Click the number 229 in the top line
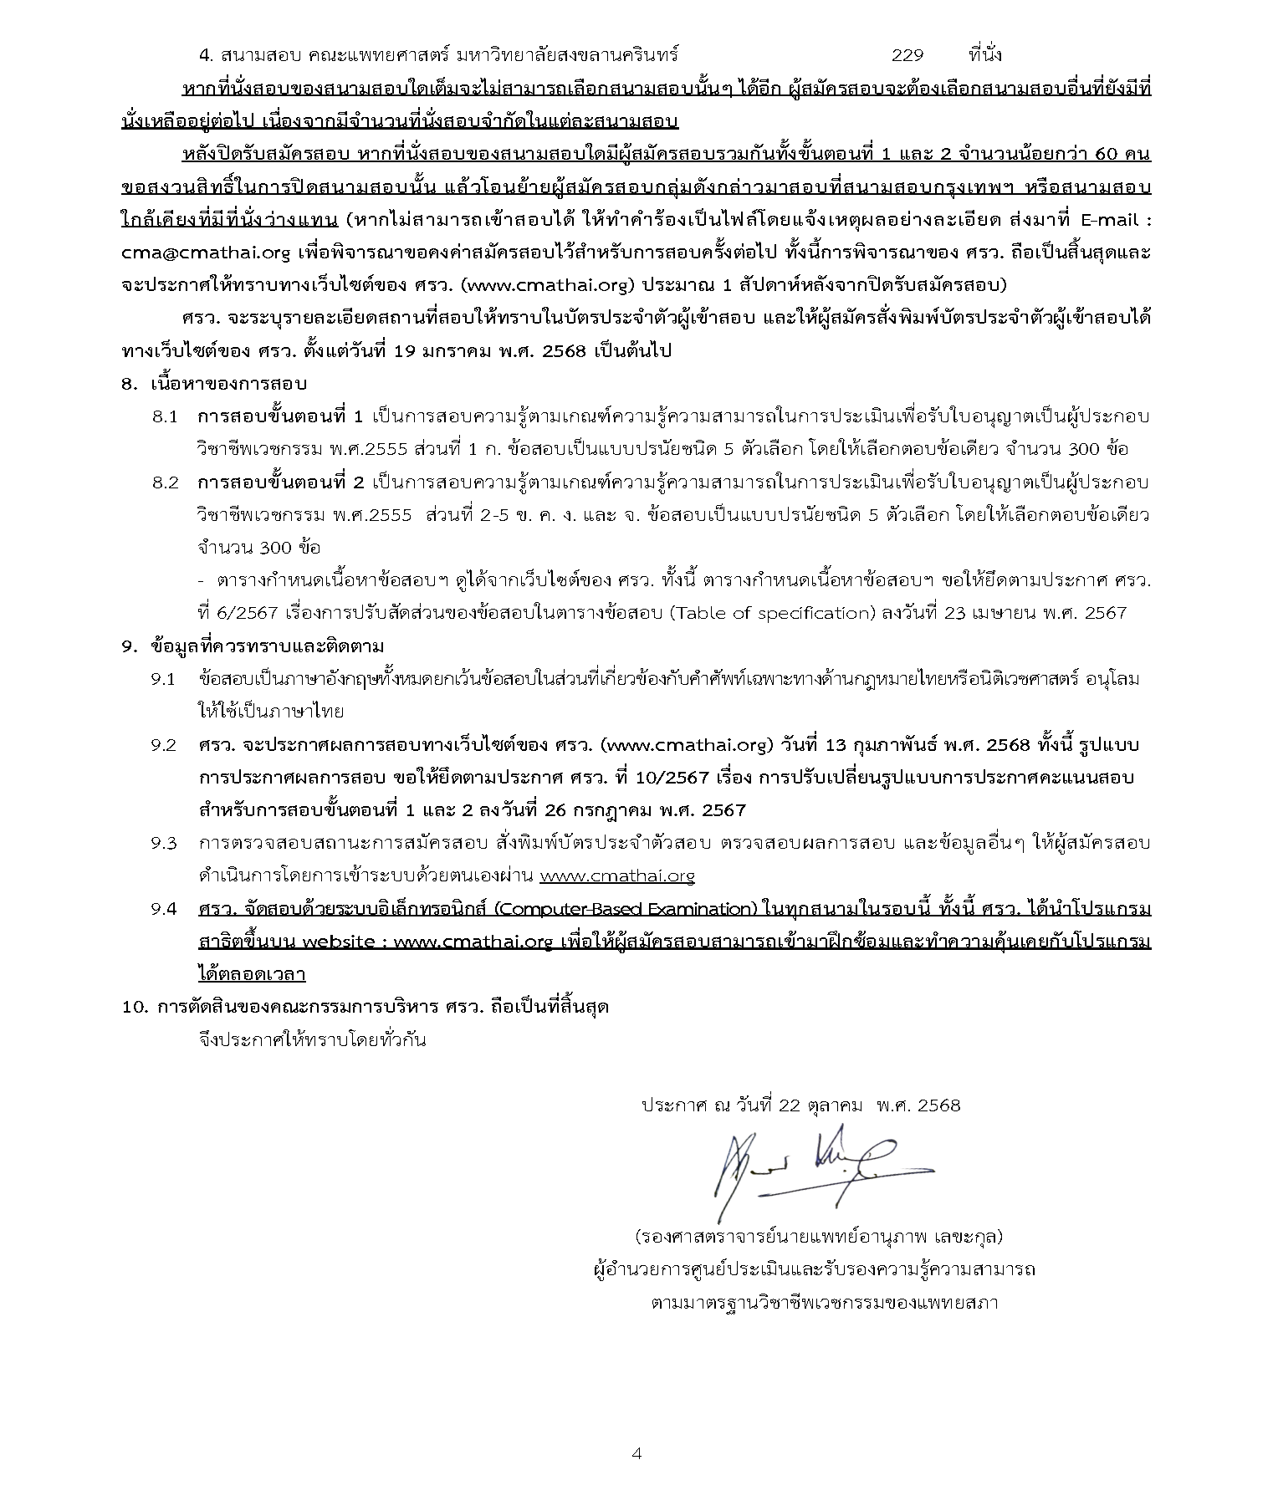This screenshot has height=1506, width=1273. click(x=907, y=55)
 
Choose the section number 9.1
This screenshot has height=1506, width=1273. click(x=163, y=678)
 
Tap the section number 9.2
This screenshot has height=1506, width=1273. click(x=163, y=744)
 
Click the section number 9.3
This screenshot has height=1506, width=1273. click(x=163, y=843)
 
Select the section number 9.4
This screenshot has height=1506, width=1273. click(x=163, y=909)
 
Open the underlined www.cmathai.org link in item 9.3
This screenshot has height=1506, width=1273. click(x=617, y=876)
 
